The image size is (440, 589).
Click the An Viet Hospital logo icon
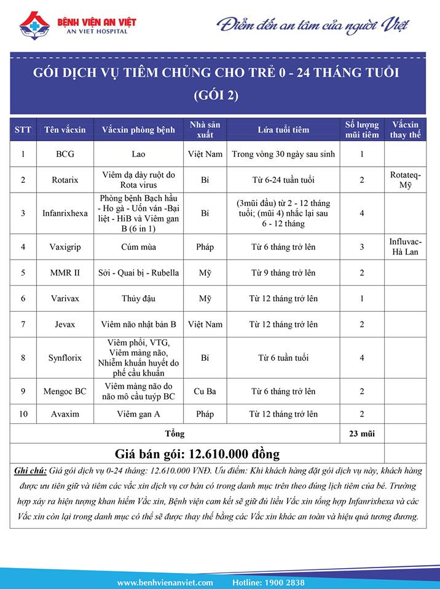click(x=34, y=25)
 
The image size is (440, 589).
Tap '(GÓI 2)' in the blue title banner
click(x=216, y=95)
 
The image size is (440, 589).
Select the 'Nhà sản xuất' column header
click(x=205, y=129)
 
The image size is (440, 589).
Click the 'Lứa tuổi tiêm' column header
click(x=283, y=129)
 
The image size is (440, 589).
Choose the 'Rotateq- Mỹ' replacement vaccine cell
click(x=405, y=180)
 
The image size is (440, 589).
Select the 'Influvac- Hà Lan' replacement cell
click(x=405, y=247)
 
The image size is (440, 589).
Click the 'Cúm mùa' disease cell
click(x=138, y=247)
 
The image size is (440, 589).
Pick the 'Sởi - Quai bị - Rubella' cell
click(x=138, y=272)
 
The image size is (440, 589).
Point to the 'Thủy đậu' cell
click(x=138, y=299)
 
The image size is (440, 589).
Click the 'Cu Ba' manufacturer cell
click(x=205, y=391)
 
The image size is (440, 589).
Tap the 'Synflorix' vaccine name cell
click(x=65, y=358)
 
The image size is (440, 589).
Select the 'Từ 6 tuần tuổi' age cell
click(x=283, y=358)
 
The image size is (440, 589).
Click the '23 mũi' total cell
click(x=361, y=434)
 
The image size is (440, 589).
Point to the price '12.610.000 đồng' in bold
click(x=234, y=454)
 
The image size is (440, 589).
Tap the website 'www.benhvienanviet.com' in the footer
click(x=165, y=582)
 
